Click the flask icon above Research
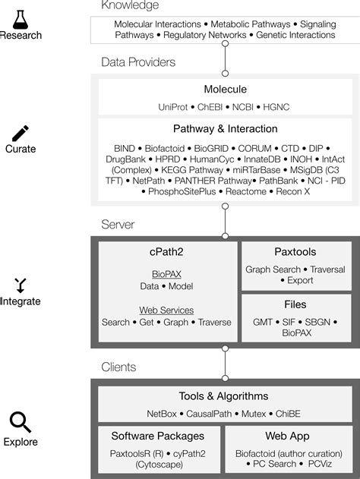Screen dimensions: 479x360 click(x=20, y=13)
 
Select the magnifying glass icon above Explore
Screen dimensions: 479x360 click(x=20, y=422)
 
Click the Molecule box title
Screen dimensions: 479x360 click(x=225, y=90)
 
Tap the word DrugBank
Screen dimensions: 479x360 click(x=124, y=160)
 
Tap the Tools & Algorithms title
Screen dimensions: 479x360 click(x=225, y=395)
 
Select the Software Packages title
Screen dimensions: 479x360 click(x=158, y=436)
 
